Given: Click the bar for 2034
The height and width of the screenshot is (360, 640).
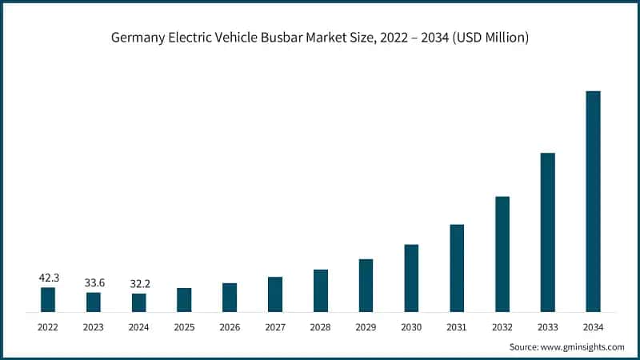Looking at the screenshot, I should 593,201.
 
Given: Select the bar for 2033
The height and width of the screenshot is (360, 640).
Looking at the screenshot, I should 547,232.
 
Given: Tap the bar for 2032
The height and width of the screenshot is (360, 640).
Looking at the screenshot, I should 502,254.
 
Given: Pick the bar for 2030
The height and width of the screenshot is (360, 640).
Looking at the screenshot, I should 411,278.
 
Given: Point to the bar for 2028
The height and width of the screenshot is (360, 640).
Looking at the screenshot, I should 320,290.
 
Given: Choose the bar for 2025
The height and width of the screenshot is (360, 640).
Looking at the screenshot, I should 184,299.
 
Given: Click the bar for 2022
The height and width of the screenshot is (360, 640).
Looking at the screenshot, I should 48,299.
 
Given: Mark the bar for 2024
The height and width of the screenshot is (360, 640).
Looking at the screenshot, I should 138,302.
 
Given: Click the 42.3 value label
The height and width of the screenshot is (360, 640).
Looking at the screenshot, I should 48,278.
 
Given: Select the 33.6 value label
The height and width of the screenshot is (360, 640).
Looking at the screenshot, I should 94,283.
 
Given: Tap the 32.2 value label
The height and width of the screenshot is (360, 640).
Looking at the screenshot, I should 138,284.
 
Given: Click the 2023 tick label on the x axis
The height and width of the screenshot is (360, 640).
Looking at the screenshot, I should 94,326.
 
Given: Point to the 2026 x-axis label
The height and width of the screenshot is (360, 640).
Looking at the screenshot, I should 230,326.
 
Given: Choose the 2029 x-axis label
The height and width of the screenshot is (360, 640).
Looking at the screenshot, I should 366,326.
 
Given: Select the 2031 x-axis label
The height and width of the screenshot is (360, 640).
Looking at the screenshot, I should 457,326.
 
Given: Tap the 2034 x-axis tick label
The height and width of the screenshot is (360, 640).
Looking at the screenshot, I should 593,326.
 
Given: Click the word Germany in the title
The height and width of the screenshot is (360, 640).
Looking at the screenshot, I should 136,38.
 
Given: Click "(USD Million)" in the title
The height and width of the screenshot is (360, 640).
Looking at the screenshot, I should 488,38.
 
